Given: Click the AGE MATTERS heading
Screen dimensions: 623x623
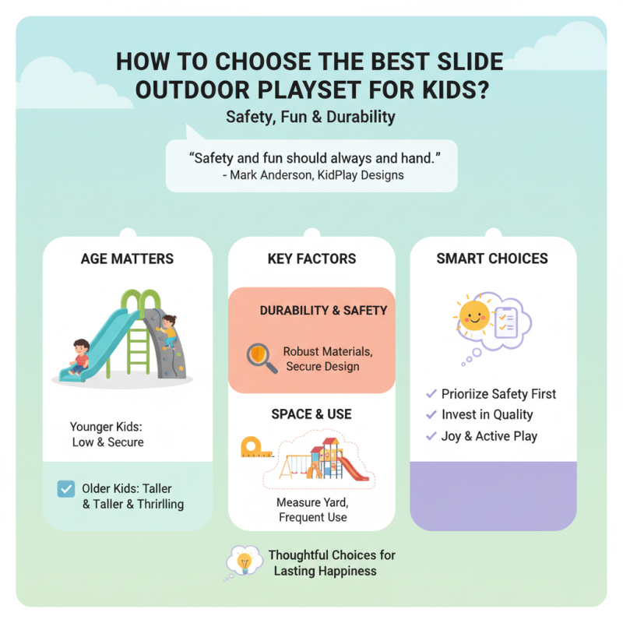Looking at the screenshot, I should [x=127, y=259].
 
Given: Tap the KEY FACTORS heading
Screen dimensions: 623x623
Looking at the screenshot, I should [x=311, y=259].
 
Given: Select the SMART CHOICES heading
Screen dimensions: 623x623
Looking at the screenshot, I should [x=492, y=259].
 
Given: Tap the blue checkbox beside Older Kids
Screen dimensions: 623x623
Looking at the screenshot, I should [x=66, y=489].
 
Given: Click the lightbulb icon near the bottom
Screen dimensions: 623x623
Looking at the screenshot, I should [x=244, y=561].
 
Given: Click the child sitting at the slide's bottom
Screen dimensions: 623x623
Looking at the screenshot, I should [x=78, y=356].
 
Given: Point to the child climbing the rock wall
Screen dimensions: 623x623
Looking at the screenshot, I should [x=167, y=330].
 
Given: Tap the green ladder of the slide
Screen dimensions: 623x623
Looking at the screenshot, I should [x=136, y=343].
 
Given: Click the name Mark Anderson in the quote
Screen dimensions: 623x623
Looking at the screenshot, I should [x=263, y=174].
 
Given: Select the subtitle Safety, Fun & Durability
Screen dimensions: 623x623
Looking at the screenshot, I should [x=311, y=118].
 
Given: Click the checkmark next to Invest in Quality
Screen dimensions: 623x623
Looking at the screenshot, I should [x=431, y=415].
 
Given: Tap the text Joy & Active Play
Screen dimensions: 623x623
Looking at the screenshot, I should [x=489, y=436].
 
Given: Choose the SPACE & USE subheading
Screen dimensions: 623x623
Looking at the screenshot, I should [x=311, y=414].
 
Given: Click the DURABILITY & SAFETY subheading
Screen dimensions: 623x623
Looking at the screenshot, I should [x=323, y=310].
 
